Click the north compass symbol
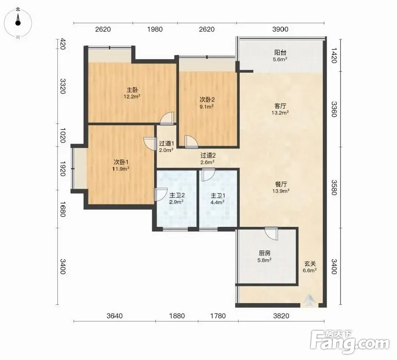coord(18,23)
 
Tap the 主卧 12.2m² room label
coord(132,93)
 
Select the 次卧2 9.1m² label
coord(207,103)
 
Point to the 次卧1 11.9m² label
coord(121,165)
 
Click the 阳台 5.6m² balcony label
coord(280,56)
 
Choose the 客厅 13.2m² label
coord(280,109)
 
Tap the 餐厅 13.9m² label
coord(281,187)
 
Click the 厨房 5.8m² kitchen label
coord(264,256)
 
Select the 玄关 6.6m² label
coord(309,267)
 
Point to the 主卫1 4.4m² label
coord(218,199)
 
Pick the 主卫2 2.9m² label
coord(176,198)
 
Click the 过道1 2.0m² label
coord(166,147)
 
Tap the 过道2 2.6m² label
coord(208,159)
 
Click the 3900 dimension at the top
coord(280,29)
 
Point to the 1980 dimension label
coord(155,29)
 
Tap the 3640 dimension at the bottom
coord(114,316)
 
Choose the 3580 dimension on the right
coord(334,188)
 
